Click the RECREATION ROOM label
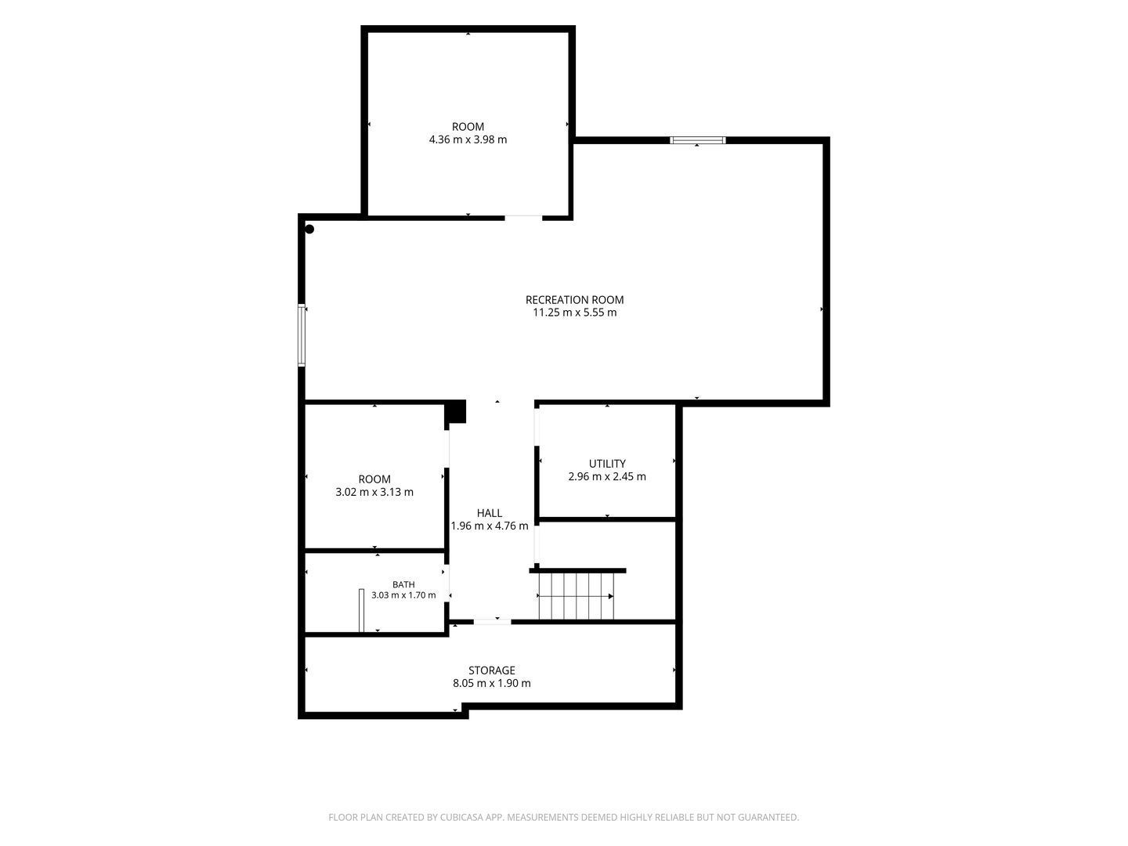574,299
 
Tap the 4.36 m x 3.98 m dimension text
468,139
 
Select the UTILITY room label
607,463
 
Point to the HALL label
490,512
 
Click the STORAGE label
491,671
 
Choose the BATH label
403,584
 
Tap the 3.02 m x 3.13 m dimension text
374,492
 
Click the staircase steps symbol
576,596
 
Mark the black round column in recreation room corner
309,229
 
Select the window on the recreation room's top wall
697,140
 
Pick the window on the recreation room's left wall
302,335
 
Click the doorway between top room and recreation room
523,218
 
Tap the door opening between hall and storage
492,621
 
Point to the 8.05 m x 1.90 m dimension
491,683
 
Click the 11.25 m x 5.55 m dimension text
574,313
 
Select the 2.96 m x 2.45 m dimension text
607,476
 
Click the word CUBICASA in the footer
461,817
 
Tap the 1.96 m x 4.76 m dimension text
490,526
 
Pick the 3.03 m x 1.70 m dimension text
403,595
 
